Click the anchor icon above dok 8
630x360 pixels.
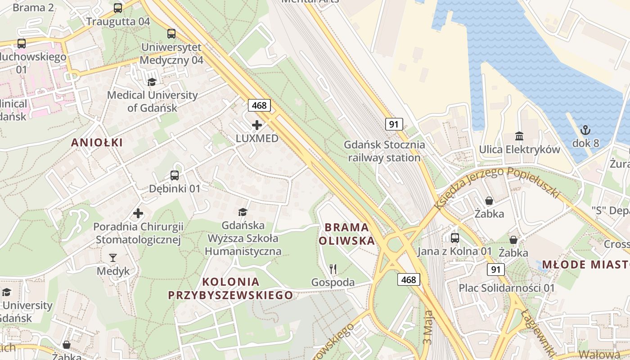click(x=585, y=130)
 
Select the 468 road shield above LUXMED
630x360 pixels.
click(x=259, y=106)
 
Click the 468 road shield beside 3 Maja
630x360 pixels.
click(x=409, y=279)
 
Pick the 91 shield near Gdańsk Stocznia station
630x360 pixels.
click(x=394, y=124)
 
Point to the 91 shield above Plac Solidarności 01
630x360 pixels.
click(x=495, y=270)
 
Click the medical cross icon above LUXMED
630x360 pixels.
click(x=257, y=125)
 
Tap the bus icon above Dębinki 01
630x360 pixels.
click(x=175, y=175)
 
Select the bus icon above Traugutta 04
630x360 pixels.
click(x=118, y=8)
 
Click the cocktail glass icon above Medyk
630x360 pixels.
click(x=113, y=258)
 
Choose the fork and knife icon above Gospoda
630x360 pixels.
click(x=333, y=269)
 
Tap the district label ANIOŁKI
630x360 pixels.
click(x=97, y=143)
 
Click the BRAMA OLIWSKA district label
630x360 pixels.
click(x=346, y=234)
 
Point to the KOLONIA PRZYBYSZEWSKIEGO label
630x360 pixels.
click(x=230, y=288)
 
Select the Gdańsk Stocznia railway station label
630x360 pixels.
click(x=384, y=151)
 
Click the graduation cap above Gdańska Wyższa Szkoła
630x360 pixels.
click(x=243, y=212)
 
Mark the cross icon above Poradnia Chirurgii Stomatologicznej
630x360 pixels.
click(x=138, y=213)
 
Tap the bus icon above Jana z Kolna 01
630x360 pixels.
click(x=455, y=238)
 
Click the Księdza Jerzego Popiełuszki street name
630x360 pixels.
click(x=497, y=185)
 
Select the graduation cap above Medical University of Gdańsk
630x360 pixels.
click(x=152, y=82)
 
